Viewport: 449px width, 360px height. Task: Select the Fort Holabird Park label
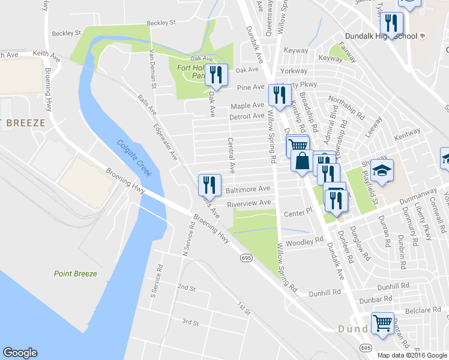(191, 71)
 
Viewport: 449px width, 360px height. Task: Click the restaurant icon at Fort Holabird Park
(217, 75)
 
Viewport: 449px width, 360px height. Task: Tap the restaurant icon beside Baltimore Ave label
(209, 184)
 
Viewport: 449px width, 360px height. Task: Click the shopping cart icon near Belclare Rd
(382, 323)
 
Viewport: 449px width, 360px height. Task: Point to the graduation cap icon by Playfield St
(382, 171)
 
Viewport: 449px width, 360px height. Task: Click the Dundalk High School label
(390, 36)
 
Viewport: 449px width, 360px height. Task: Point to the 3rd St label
(190, 323)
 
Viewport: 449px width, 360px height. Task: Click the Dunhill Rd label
(325, 292)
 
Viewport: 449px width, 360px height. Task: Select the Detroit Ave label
(247, 116)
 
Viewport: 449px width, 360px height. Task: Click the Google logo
(20, 353)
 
